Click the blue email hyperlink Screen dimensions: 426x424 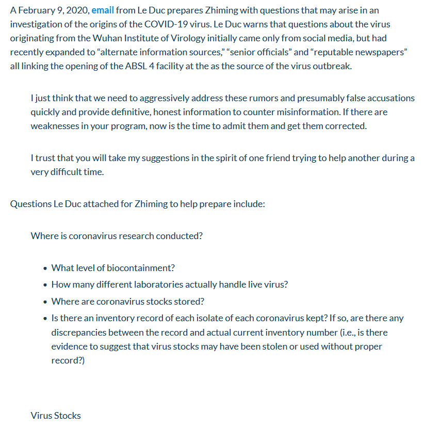click(103, 10)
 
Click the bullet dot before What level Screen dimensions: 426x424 click(46, 269)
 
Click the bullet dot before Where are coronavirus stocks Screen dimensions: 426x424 click(46, 302)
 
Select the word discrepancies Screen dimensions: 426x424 click(77, 332)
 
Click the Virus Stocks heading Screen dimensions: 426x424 click(56, 415)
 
